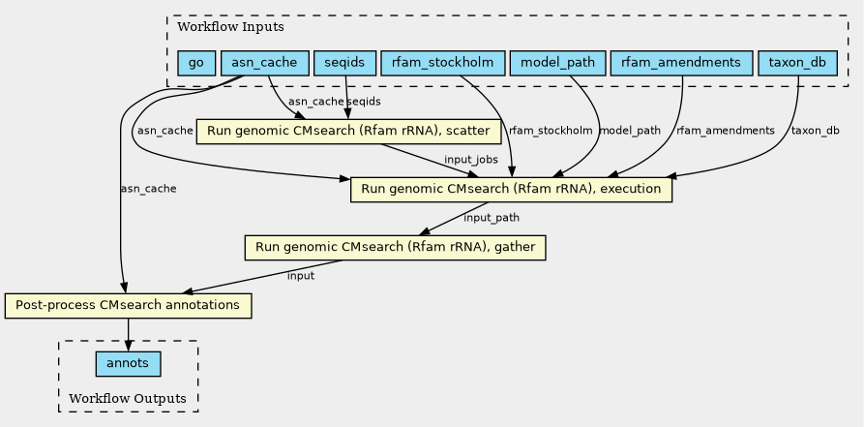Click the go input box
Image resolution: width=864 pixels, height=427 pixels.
pyautogui.click(x=195, y=63)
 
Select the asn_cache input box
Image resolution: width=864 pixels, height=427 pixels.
pyautogui.click(x=264, y=63)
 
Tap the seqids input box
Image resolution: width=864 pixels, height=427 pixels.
pyautogui.click(x=344, y=63)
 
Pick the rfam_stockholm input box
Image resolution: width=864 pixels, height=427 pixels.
pyautogui.click(x=442, y=63)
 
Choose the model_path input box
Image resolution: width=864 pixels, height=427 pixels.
pyautogui.click(x=557, y=63)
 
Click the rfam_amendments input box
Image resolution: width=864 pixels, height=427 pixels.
pyautogui.click(x=681, y=63)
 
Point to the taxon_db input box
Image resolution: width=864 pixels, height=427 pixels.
pyautogui.click(x=797, y=63)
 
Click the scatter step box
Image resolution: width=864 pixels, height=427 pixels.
pyautogui.click(x=348, y=132)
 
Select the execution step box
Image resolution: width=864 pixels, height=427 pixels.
pyautogui.click(x=511, y=189)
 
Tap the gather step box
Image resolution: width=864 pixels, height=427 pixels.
pyautogui.click(x=395, y=247)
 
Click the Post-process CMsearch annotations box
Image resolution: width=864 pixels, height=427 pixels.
pyautogui.click(x=128, y=306)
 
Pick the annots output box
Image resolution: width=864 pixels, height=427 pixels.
pyautogui.click(x=128, y=363)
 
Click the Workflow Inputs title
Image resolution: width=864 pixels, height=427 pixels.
pyautogui.click(x=230, y=27)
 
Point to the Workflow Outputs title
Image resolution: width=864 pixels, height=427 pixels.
pyautogui.click(x=128, y=398)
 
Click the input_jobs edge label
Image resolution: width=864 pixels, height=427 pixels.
pyautogui.click(x=471, y=160)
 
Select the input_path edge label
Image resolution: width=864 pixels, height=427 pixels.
pyautogui.click(x=492, y=217)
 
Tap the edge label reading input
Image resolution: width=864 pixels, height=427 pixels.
pyautogui.click(x=301, y=275)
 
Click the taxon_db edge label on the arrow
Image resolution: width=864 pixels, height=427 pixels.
pyautogui.click(x=815, y=131)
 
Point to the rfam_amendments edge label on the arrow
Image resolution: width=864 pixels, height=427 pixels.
pyautogui.click(x=725, y=131)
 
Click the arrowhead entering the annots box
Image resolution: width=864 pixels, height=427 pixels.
pyautogui.click(x=128, y=347)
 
